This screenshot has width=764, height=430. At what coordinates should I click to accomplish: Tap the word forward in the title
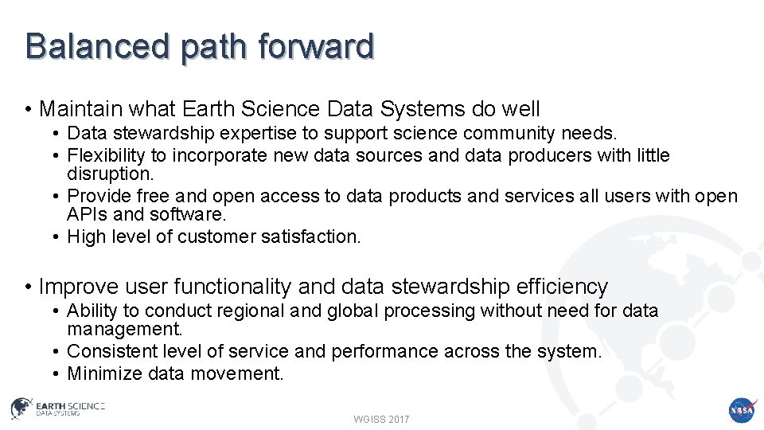click(316, 46)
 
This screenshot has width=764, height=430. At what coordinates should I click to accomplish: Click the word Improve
click(78, 287)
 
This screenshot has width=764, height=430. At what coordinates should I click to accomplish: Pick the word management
click(125, 329)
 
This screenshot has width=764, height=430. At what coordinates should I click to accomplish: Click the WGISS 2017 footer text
click(381, 419)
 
